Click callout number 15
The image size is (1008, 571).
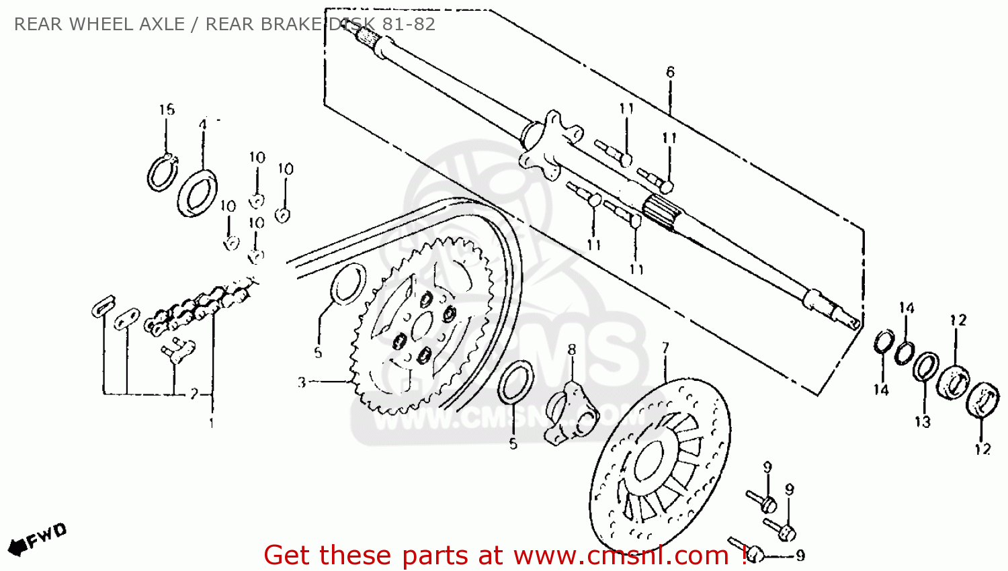(167, 109)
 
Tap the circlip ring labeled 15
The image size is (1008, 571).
(161, 173)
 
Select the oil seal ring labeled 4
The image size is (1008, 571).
(197, 193)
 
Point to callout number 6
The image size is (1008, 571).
(670, 72)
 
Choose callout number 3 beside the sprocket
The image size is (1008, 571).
(302, 382)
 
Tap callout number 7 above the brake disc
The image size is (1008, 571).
(665, 348)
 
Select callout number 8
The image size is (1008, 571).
(572, 349)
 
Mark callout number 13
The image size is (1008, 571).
(922, 422)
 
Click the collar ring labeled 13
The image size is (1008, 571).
(925, 367)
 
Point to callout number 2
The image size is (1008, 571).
(194, 394)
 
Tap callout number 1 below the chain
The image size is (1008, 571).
(212, 423)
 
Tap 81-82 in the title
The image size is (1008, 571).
(409, 24)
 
